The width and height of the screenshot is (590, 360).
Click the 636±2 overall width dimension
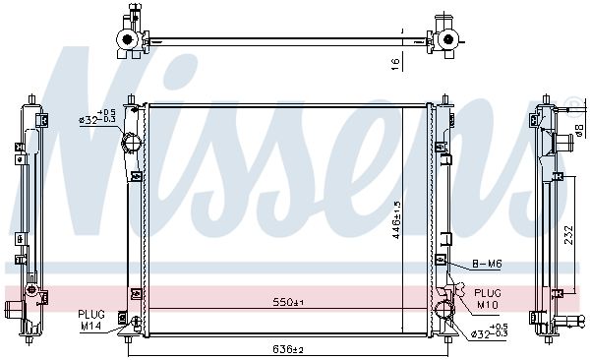tap(288, 350)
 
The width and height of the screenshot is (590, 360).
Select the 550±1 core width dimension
tap(288, 302)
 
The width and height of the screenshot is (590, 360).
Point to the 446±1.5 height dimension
tap(396, 220)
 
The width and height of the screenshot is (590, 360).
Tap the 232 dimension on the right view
tap(569, 235)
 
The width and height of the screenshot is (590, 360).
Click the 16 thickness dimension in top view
tap(395, 64)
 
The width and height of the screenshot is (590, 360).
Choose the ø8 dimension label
tap(580, 130)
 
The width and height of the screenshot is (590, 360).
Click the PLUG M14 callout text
tap(91, 320)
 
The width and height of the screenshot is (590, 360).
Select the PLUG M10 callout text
tap(488, 299)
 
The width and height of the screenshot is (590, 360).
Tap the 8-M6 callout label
tap(487, 264)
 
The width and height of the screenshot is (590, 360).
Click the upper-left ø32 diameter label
tap(97, 116)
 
